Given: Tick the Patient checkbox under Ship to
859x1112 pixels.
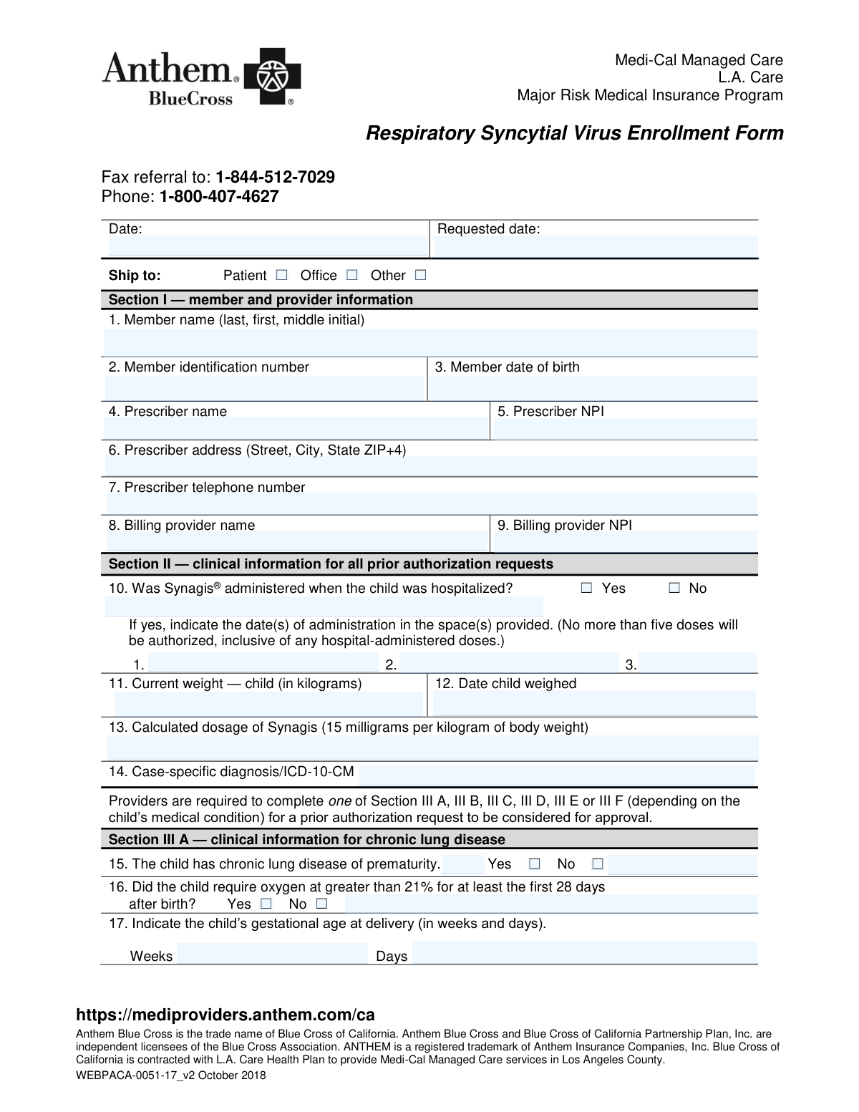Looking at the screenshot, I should (x=281, y=275).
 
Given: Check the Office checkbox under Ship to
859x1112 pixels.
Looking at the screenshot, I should (x=351, y=275).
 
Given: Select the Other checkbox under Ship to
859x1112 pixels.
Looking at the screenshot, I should (x=420, y=275).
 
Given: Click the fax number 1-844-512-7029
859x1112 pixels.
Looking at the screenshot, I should (x=275, y=177).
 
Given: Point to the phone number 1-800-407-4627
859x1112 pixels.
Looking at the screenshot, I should (x=219, y=196).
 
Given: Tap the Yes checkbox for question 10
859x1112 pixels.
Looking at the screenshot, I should (x=587, y=588).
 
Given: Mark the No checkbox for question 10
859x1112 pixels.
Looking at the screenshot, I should (x=674, y=588).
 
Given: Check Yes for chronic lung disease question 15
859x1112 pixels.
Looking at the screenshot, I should (x=534, y=864).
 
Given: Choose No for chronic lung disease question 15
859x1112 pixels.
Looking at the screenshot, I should (x=598, y=864).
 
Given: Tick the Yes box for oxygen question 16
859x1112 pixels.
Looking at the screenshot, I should (x=266, y=904).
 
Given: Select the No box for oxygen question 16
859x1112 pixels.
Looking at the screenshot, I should (x=321, y=904).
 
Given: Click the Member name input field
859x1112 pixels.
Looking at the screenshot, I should (x=429, y=343).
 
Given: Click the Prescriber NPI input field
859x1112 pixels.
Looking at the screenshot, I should (x=625, y=429).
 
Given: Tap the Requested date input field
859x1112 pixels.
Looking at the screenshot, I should (x=596, y=246).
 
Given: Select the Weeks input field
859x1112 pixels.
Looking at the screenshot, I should (x=272, y=954).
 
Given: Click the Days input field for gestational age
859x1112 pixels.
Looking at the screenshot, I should (x=584, y=954).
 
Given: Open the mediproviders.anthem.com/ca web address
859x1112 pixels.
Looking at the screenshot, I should (x=225, y=1015).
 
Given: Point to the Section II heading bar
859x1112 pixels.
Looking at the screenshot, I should (x=429, y=564).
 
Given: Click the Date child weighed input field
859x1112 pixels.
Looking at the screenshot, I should (x=594, y=703).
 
